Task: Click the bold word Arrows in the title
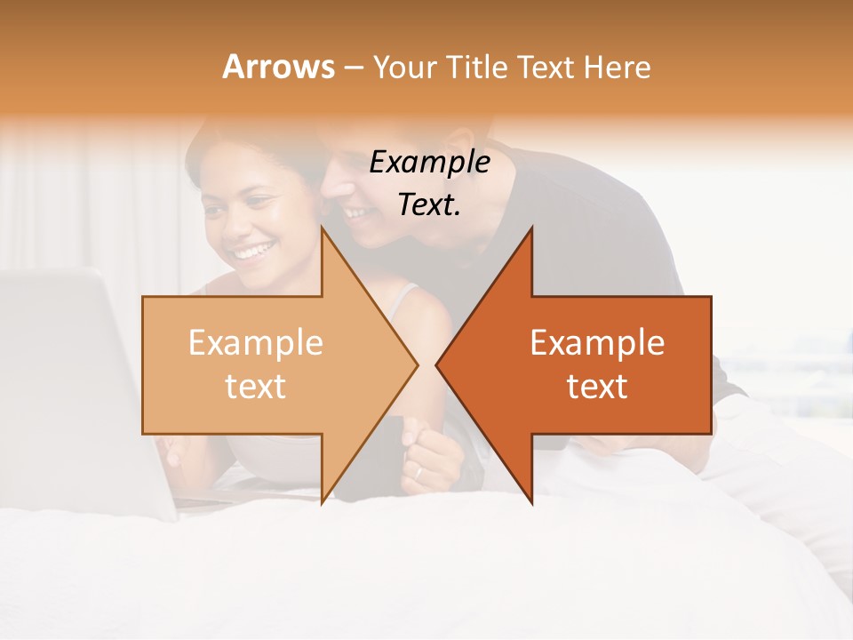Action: [278, 67]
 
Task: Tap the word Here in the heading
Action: [618, 67]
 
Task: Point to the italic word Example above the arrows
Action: [429, 162]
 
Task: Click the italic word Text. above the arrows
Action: [429, 204]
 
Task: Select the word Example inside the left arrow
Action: [256, 343]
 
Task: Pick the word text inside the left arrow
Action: [256, 387]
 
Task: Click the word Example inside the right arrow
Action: [597, 343]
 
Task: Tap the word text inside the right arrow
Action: [597, 387]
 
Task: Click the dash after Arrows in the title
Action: [353, 67]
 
